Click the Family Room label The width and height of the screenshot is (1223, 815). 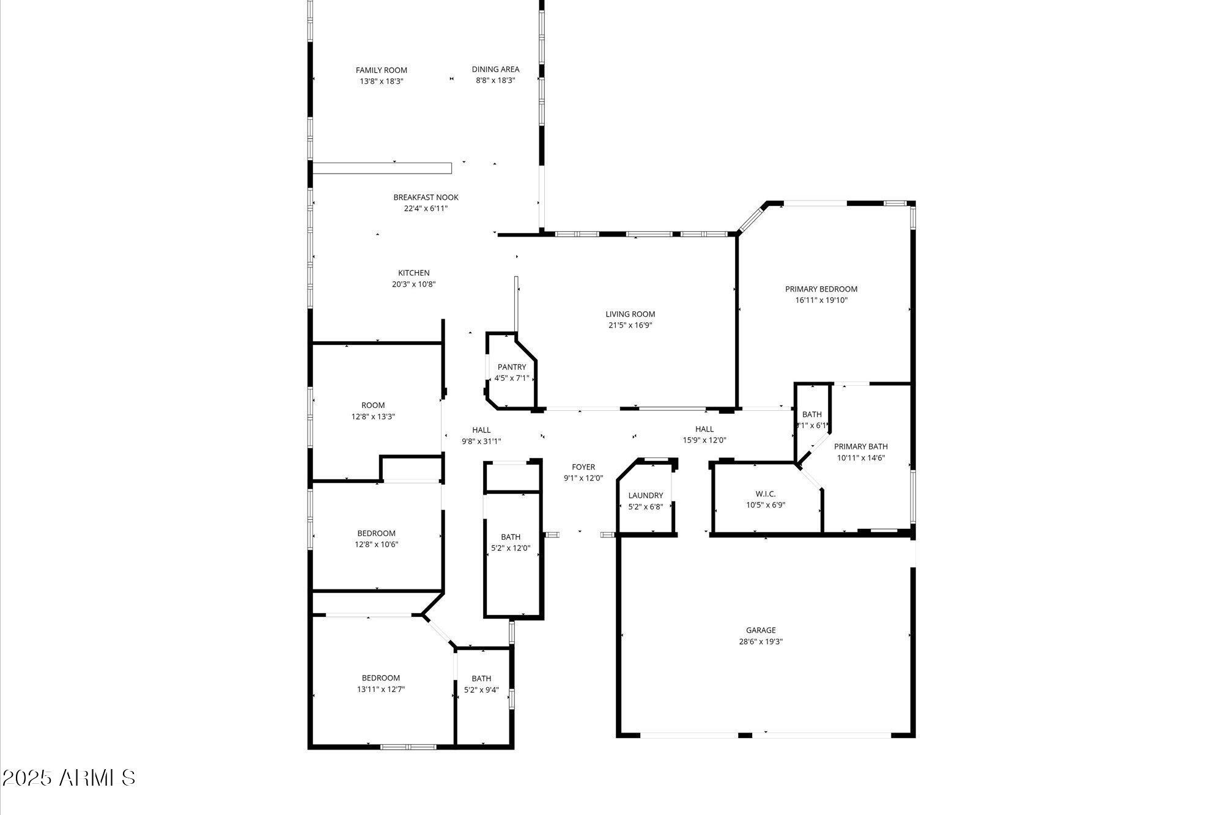coord(382,70)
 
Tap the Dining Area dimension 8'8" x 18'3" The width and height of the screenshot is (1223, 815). coord(495,80)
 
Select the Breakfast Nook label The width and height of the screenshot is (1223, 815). coord(426,197)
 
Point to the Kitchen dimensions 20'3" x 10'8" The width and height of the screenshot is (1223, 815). coord(413,284)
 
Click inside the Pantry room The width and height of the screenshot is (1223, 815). coord(512,372)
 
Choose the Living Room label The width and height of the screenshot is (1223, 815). coord(630,314)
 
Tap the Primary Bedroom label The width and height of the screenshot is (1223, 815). coord(821,289)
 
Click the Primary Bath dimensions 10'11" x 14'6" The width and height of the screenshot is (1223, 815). coord(860,458)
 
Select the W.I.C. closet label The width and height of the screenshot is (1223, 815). coord(765,494)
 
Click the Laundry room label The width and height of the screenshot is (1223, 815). coord(645,496)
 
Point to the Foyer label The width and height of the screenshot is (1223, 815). coord(583,467)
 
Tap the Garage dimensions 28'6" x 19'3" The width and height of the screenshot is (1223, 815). coord(761,641)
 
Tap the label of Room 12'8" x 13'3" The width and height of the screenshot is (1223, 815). coord(373,405)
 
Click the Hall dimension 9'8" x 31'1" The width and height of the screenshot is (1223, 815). coord(481,441)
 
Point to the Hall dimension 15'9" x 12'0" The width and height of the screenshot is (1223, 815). coord(704,440)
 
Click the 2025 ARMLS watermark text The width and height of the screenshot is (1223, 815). coord(68,778)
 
